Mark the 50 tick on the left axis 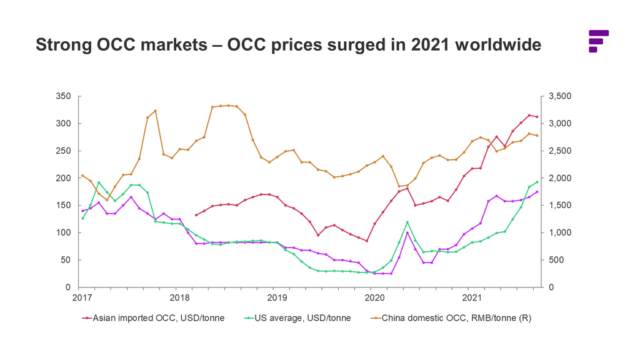click(x=66, y=260)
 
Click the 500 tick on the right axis click(x=556, y=260)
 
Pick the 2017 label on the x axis click(x=82, y=297)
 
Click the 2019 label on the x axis click(x=277, y=297)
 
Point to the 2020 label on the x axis click(x=374, y=297)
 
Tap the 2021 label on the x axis click(x=471, y=297)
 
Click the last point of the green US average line click(x=537, y=182)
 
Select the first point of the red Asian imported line click(x=196, y=215)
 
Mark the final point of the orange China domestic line click(x=537, y=136)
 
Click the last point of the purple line click(x=537, y=192)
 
